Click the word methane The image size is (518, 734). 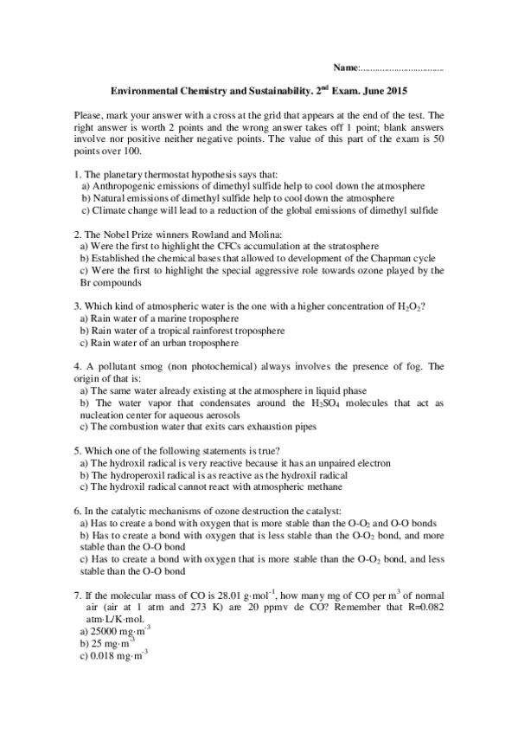[310, 487]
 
